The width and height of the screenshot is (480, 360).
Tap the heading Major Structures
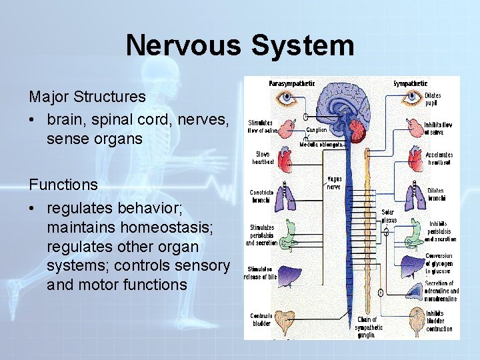point(87,97)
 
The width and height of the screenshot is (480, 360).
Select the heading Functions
point(63,185)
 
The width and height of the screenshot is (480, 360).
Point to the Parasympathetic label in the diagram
point(291,83)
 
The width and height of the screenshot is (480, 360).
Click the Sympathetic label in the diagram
point(410,83)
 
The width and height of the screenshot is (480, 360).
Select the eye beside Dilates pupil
point(410,99)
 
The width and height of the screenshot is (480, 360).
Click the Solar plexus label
point(389,216)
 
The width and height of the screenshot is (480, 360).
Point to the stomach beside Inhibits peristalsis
point(414,229)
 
